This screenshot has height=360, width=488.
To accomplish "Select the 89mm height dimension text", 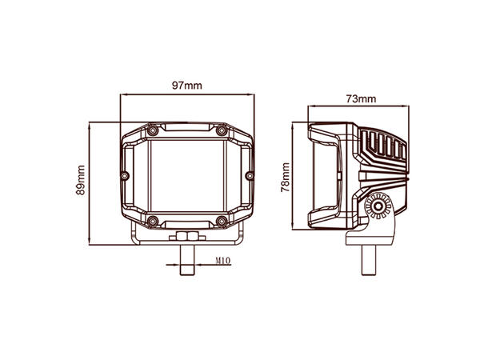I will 80,180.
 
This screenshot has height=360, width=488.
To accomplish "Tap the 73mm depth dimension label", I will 361,98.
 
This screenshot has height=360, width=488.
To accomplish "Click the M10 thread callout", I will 223,261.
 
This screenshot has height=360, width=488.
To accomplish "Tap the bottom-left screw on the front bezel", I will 151,220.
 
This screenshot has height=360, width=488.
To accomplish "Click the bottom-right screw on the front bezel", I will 222,220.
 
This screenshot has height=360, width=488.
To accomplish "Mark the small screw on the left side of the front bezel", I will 124,174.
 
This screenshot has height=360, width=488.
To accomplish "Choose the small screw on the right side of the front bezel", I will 249,174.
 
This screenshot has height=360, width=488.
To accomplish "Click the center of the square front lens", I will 186,175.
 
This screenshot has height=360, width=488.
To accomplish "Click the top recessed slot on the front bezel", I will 186,130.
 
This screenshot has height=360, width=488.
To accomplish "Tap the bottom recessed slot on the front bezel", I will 186,221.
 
